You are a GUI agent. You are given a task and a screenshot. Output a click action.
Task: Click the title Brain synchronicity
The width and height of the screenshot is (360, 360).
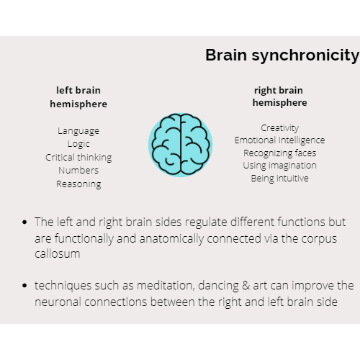pos(282,55)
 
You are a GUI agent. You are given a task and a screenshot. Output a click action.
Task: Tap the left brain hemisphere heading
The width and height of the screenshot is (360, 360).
pos(78,97)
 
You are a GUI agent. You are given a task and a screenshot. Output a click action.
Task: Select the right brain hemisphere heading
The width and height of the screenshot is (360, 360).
pos(279,96)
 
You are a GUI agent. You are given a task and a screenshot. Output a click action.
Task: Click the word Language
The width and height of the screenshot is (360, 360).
pos(78,131)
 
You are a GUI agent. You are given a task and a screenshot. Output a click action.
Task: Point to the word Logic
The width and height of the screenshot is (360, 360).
pos(78,144)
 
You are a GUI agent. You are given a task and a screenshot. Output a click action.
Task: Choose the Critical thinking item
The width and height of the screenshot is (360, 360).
pos(78,158)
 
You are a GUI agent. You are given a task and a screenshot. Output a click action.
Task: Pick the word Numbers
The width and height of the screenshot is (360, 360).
pos(78,171)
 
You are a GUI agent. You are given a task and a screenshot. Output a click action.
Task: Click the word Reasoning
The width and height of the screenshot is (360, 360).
pos(78,184)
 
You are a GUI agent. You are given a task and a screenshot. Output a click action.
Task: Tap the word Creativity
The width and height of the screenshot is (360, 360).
pos(280,128)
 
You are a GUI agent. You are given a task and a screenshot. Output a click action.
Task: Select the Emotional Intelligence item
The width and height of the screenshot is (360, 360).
pos(279,140)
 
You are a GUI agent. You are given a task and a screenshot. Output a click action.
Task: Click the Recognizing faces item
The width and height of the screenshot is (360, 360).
pos(280,153)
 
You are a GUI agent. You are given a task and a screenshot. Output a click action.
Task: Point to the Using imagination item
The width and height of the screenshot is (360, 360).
pos(279,166)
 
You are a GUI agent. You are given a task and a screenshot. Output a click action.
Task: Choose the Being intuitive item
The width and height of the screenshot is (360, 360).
pos(279,179)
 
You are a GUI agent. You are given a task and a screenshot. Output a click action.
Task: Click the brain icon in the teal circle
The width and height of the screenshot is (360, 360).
pos(181,145)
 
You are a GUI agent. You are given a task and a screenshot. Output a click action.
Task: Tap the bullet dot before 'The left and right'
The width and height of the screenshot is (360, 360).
pos(24,222)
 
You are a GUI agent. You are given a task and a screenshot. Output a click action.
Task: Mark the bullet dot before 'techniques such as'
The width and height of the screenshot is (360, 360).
pos(24,286)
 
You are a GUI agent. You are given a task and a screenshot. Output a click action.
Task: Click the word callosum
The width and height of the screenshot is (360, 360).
pos(58,254)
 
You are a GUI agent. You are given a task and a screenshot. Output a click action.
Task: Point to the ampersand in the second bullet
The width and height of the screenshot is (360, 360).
pos(246,286)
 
